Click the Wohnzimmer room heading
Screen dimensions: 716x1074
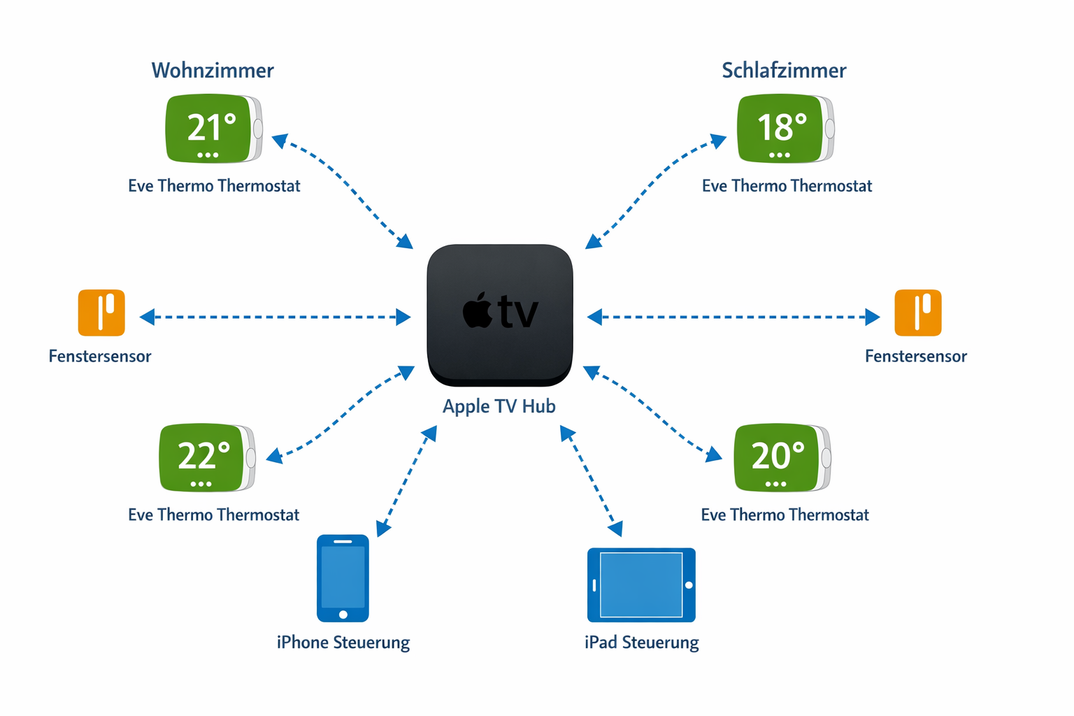[213, 71]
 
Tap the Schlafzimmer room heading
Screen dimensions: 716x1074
[784, 71]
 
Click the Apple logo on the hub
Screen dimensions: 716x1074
[478, 312]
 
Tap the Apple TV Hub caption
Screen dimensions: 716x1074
[499, 406]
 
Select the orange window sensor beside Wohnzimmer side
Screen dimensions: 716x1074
[101, 313]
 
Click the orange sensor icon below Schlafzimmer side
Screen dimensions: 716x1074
[918, 313]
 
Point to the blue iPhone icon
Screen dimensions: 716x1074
[343, 578]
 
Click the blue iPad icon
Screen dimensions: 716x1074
[641, 585]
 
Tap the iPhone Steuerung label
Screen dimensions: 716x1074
[343, 643]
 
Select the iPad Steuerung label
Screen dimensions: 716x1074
[641, 643]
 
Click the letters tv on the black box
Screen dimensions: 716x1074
[518, 313]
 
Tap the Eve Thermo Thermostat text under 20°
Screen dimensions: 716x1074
[785, 515]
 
